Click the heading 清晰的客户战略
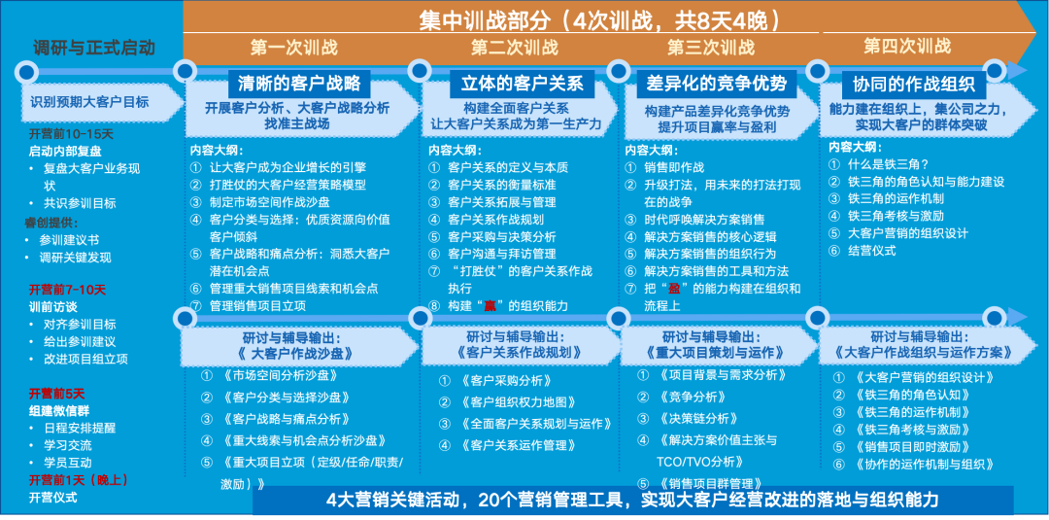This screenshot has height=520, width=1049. pyautogui.click(x=299, y=83)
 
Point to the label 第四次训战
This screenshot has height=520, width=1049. pyautogui.click(x=907, y=46)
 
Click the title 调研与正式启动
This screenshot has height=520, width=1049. pyautogui.click(x=94, y=48)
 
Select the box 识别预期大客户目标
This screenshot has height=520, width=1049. pyautogui.click(x=89, y=101)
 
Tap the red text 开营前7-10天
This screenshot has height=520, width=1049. pyautogui.click(x=68, y=290)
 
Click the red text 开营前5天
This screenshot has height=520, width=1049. pyautogui.click(x=57, y=394)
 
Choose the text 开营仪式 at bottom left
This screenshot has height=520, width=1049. pyautogui.click(x=52, y=498)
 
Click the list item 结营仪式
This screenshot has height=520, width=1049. pyautogui.click(x=872, y=250)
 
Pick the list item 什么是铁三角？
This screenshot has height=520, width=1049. pyautogui.click(x=890, y=164)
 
